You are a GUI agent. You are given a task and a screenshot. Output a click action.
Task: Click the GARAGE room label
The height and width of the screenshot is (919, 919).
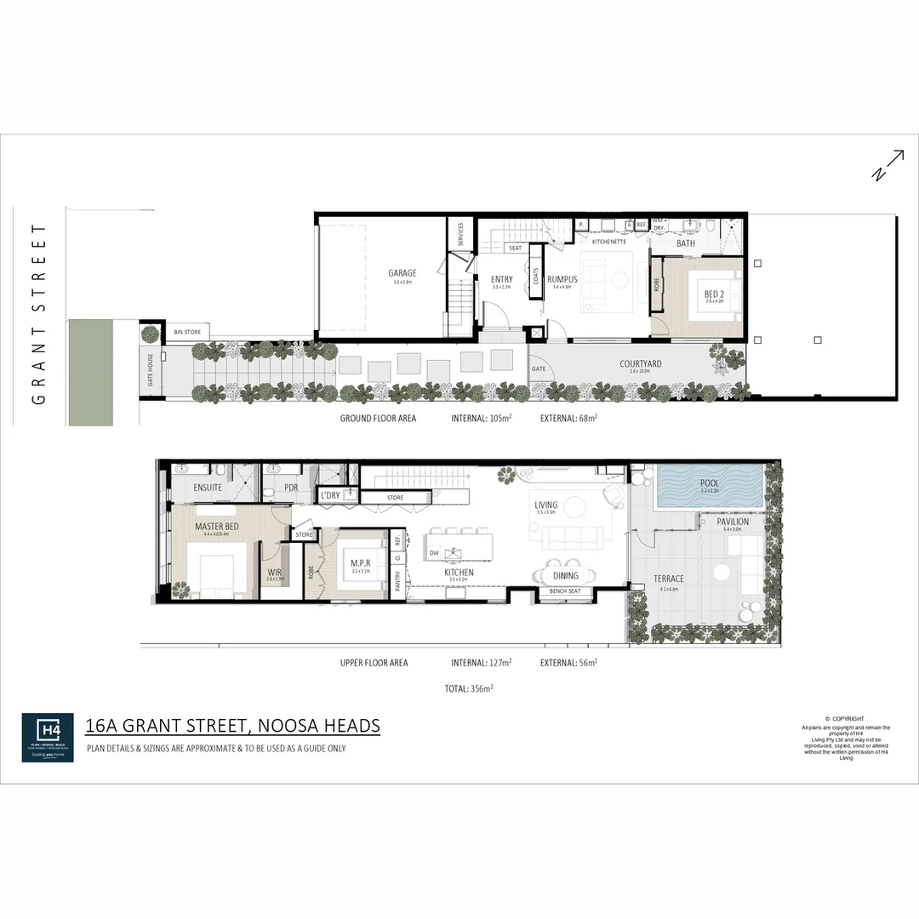402,273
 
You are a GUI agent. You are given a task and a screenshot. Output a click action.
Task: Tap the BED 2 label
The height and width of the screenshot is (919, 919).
713,294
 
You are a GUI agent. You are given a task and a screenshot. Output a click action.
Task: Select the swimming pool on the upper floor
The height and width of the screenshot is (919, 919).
710,487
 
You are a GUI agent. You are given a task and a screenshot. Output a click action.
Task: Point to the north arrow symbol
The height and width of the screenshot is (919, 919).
888,165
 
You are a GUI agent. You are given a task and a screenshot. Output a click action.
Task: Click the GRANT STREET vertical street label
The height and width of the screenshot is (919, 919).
38,315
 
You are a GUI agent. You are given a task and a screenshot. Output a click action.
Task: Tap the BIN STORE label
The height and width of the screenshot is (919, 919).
187,332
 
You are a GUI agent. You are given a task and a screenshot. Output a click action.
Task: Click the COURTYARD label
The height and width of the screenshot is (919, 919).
640,364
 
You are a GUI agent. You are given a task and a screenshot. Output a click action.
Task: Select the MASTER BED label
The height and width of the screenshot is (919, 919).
216,527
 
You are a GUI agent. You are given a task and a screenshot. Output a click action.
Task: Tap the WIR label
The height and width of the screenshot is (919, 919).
274,573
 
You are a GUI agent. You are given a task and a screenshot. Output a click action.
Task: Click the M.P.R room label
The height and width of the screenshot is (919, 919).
358,562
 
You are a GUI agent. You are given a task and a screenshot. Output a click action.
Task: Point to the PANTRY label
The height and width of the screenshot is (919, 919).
397,580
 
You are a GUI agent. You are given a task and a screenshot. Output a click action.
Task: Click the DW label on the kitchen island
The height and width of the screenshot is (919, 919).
434,553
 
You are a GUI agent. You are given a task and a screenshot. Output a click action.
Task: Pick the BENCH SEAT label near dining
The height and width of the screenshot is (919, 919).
565,591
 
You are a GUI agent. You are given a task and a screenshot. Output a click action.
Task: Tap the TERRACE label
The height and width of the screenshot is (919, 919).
668,579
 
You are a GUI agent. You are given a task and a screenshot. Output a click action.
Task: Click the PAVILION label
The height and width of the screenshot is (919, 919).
733,522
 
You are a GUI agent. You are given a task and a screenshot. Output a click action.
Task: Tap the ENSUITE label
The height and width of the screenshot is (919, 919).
208,488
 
